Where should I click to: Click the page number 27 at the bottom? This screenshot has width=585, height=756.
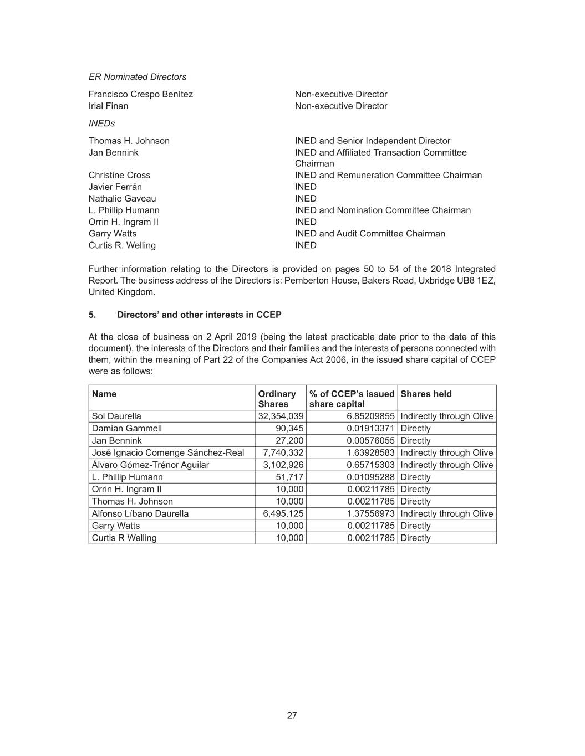tap(292, 716)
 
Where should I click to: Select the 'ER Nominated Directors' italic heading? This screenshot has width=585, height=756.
tap(138, 77)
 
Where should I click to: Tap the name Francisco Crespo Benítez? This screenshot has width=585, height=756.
tap(141, 94)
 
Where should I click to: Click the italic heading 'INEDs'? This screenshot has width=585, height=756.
tap(102, 124)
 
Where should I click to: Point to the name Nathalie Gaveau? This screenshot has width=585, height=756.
tap(122, 199)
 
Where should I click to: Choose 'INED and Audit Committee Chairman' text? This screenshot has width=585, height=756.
tap(370, 234)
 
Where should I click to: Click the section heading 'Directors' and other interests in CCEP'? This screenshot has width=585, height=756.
tap(199, 315)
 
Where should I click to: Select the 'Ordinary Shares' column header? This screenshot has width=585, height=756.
tap(277, 399)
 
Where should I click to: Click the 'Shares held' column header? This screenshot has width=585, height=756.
tap(426, 394)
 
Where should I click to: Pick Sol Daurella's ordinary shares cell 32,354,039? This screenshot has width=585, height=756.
tap(281, 416)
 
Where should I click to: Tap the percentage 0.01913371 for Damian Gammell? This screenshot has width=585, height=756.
tap(370, 429)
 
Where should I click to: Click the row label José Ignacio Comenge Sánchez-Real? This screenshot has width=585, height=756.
tap(168, 453)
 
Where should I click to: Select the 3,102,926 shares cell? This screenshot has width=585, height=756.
tap(283, 465)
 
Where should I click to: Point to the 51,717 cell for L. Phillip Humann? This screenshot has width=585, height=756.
tap(289, 477)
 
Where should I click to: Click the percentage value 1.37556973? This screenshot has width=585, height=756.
tap(370, 514)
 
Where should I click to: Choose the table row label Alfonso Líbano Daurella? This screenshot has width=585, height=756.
tap(140, 514)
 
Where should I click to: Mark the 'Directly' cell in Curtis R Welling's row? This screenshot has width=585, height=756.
tap(415, 538)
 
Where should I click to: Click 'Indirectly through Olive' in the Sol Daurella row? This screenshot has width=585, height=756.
tap(446, 416)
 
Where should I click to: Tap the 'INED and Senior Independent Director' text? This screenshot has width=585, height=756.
tap(373, 141)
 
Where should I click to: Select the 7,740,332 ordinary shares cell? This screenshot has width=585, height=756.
tap(283, 453)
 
